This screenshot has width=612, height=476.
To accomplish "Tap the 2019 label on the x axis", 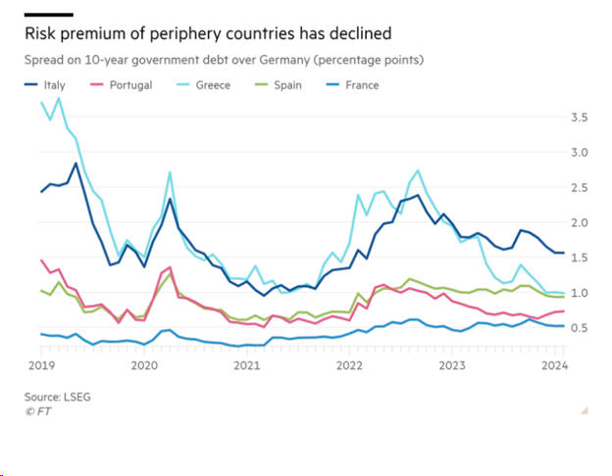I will point(40,365).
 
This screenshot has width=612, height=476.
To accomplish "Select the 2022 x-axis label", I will point(349,365).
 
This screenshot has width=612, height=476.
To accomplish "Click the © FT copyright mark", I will point(38,411).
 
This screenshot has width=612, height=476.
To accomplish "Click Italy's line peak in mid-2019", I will point(76,164).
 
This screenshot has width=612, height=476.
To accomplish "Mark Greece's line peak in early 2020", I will point(170,172).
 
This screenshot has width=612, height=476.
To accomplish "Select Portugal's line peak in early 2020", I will point(170,266).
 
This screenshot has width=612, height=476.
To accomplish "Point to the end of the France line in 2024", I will point(562,326).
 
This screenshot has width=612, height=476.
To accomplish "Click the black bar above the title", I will point(48,15).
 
